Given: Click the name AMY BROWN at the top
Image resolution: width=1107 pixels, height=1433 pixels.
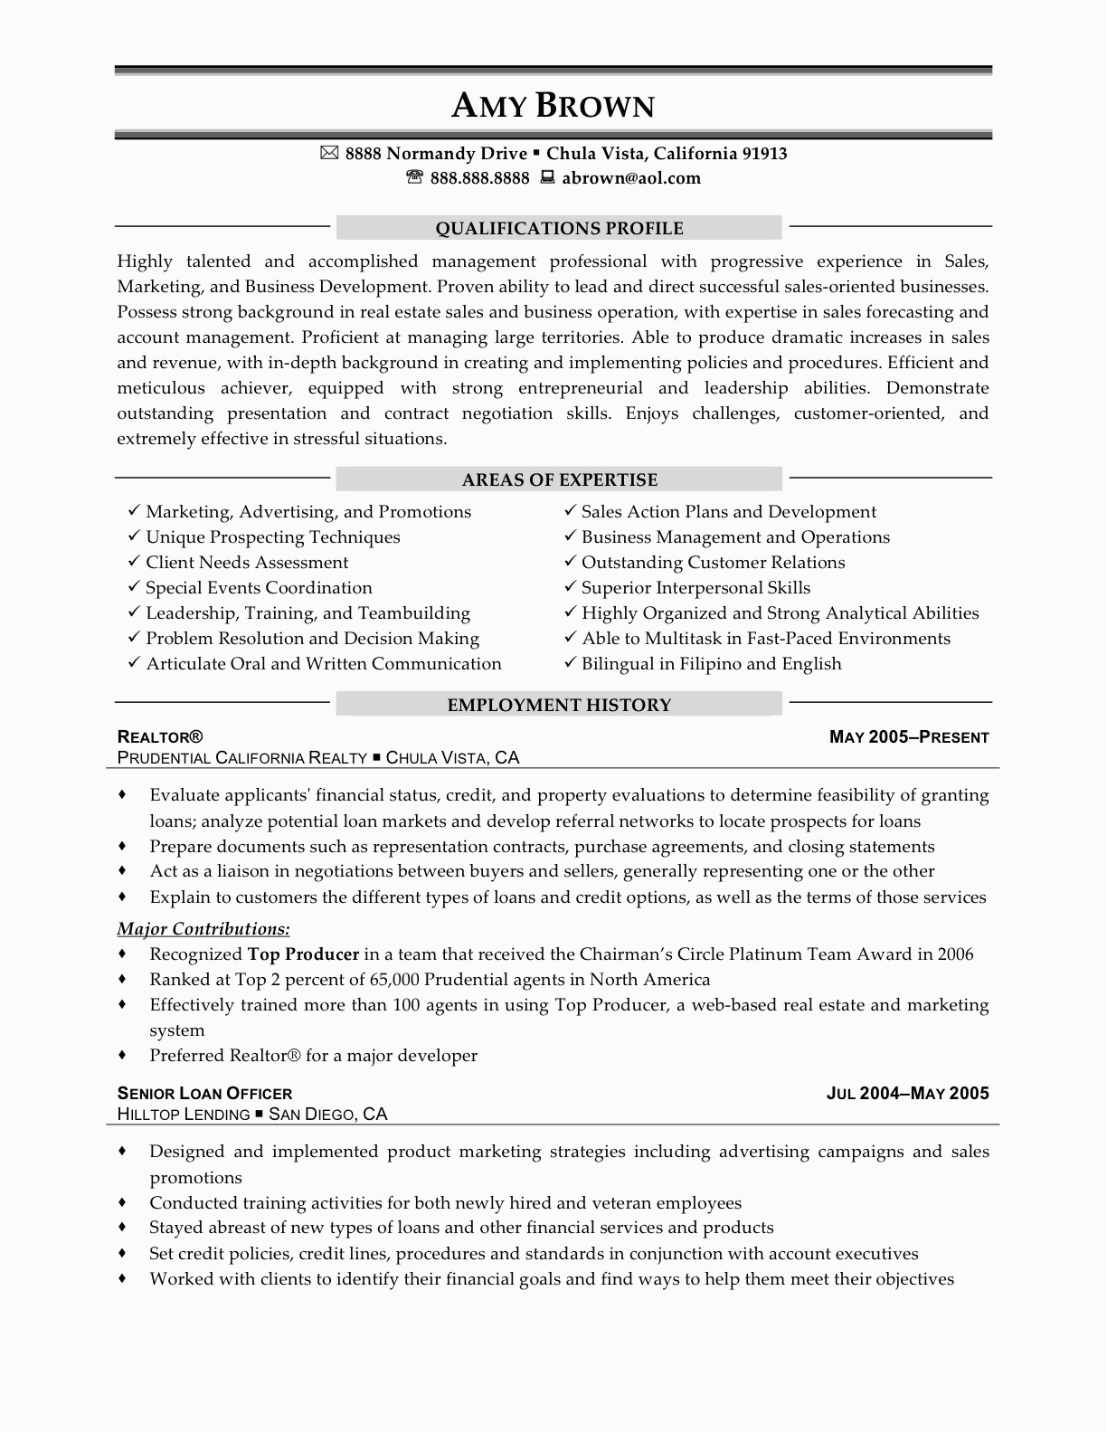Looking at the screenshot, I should coord(553,107).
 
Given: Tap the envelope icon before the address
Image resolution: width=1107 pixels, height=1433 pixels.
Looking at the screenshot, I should coord(329,154).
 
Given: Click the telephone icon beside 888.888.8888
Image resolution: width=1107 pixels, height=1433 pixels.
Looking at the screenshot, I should coord(414,177).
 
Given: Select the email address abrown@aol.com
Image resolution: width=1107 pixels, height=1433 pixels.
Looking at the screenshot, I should coord(631,178).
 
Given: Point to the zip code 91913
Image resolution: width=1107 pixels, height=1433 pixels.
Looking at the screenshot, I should coord(764,154).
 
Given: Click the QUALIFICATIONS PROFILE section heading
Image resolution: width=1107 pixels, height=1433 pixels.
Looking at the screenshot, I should coord(559,228).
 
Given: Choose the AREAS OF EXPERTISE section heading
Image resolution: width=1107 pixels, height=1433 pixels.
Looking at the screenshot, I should coord(559,479).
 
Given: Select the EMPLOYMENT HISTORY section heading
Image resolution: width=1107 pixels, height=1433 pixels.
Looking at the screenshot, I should coord(559,705).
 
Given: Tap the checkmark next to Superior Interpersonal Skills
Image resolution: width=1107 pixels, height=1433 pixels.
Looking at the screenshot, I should coord(570,587).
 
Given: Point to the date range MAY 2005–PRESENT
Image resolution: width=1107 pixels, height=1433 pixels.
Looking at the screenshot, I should coord(909,737).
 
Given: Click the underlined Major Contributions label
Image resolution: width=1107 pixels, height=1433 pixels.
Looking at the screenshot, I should coord(203,929).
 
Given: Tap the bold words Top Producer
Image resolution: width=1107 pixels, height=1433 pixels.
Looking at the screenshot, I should coord(303,954).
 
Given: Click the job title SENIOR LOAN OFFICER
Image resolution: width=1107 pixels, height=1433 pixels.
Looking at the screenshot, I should coord(204,1093).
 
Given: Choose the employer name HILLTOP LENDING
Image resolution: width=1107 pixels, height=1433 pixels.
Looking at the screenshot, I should coord(184,1115).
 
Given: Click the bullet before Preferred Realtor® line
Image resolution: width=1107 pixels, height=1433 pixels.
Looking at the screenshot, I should coord(122,1055).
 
